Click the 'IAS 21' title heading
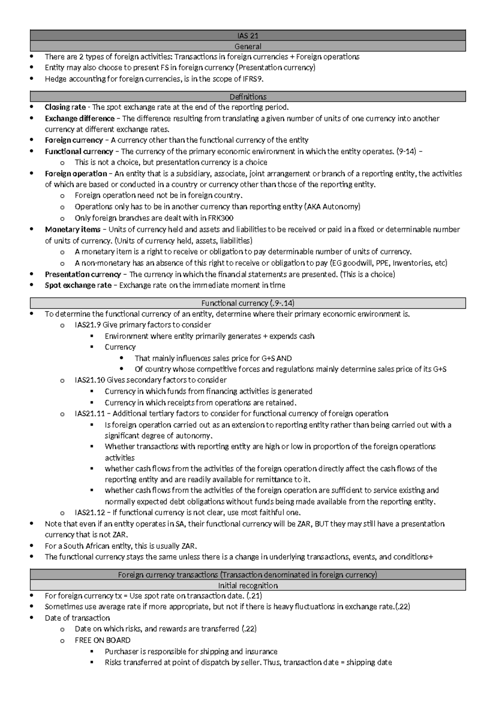pos(248,36)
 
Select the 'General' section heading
pos(248,46)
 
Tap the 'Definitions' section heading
pos(248,97)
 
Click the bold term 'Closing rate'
pos(65,107)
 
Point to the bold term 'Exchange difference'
pos(79,119)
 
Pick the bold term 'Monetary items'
pos(72,229)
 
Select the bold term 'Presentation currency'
pos(83,274)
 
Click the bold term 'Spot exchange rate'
pos(78,285)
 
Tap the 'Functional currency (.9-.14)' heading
pos(248,303)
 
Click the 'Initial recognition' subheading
pos(248,585)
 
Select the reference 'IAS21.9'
pos(88,325)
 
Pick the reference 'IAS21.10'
pos(90,380)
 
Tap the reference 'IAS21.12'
pos(90,513)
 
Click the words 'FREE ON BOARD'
pos(102,640)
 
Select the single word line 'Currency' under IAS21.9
pos(120,347)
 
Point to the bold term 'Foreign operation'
pos(76,174)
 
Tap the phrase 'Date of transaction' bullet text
pos(77,618)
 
